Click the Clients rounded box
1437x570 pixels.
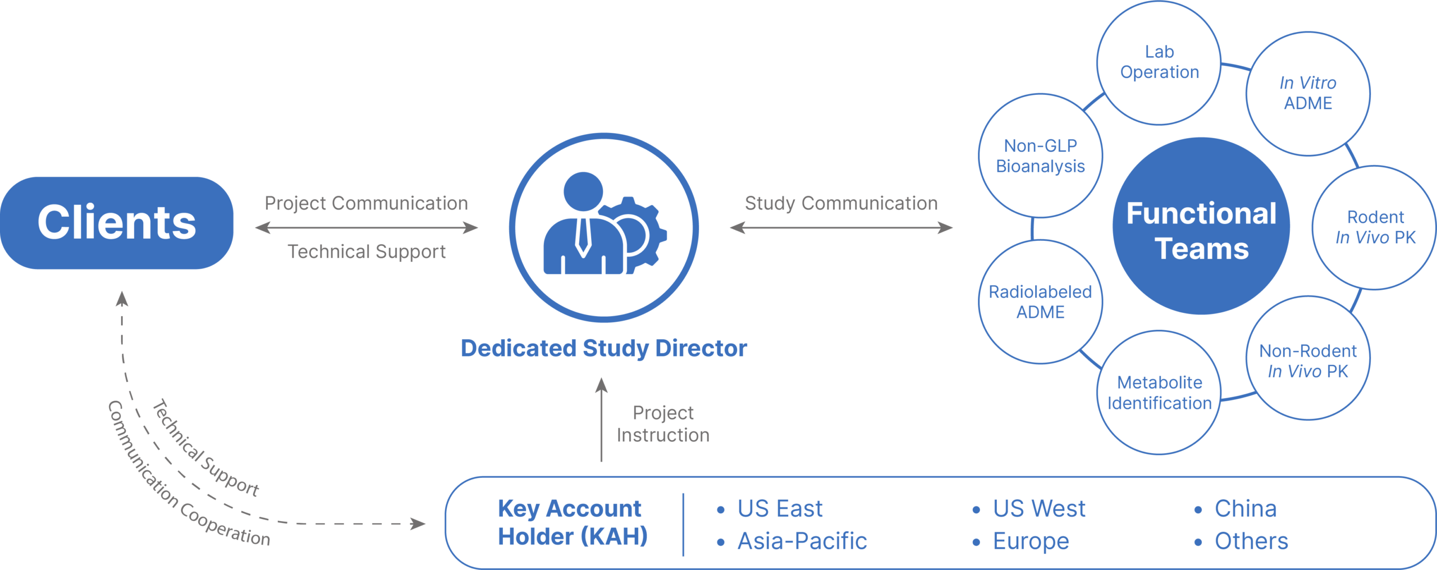click(x=117, y=223)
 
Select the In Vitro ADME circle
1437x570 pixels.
click(x=1308, y=93)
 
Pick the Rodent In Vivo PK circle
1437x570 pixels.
click(x=1375, y=227)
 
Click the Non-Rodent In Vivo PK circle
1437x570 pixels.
click(x=1308, y=358)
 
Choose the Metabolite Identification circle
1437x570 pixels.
click(x=1159, y=392)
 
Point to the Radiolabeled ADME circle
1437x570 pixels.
click(x=1040, y=302)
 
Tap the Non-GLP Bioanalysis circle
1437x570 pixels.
click(x=1040, y=156)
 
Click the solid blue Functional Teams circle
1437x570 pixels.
click(x=1201, y=226)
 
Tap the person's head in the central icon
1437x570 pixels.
click(x=583, y=191)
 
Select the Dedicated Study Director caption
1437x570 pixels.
click(x=604, y=348)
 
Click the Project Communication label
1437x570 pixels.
click(x=366, y=203)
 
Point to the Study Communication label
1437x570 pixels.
click(x=841, y=203)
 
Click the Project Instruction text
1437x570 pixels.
click(x=663, y=424)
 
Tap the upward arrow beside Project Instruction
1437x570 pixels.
click(x=601, y=419)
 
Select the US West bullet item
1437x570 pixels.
click(x=1028, y=509)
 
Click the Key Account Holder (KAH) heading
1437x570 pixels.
click(x=573, y=522)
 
